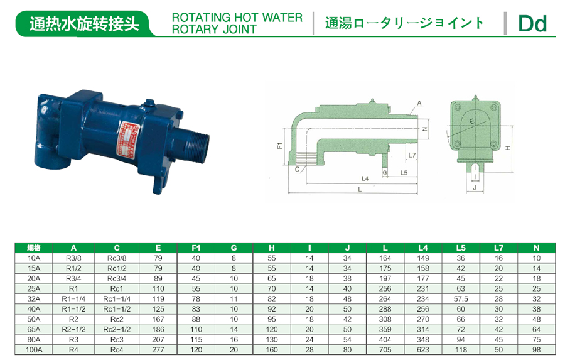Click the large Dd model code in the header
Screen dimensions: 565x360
pyautogui.click(x=532, y=24)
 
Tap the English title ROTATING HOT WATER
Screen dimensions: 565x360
pyautogui.click(x=237, y=18)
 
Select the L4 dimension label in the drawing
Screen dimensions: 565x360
pyautogui.click(x=365, y=178)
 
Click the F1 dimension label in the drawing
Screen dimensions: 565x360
pyautogui.click(x=280, y=145)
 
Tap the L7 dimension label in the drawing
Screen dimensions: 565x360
pyautogui.click(x=412, y=155)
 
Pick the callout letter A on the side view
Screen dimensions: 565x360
pyautogui.click(x=419, y=103)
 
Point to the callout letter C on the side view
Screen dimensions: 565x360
pyautogui.click(x=297, y=169)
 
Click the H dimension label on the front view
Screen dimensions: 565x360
pyautogui.click(x=508, y=148)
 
